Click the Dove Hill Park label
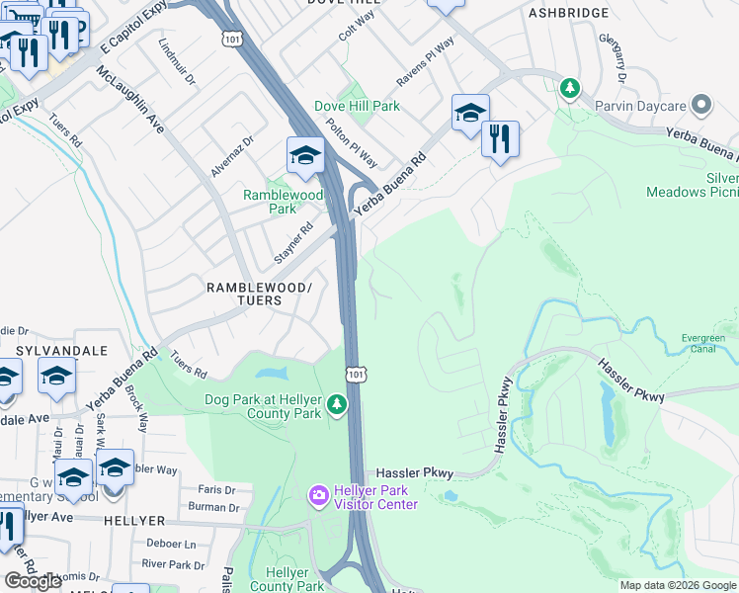[357, 106]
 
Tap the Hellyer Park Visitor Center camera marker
[318, 494]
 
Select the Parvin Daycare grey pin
[701, 104]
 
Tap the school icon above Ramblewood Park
[305, 156]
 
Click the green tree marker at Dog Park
[338, 404]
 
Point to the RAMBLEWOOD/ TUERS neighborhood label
[259, 294]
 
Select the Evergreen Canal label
[703, 343]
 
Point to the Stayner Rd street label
[293, 243]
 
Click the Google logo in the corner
[34, 580]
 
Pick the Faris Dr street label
[216, 489]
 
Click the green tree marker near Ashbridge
[570, 88]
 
